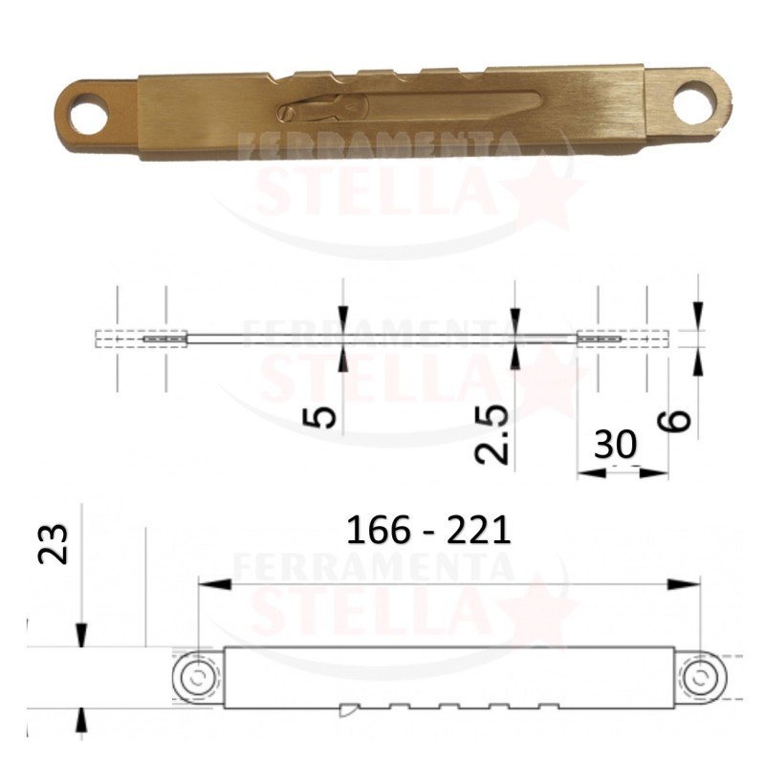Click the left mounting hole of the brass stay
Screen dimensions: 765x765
point(89,114)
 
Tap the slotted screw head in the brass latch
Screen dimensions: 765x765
point(288,113)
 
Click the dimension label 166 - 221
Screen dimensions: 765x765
point(428,531)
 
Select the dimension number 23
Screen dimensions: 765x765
point(54,544)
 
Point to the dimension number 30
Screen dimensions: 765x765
point(615,444)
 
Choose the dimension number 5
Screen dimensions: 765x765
point(320,418)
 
